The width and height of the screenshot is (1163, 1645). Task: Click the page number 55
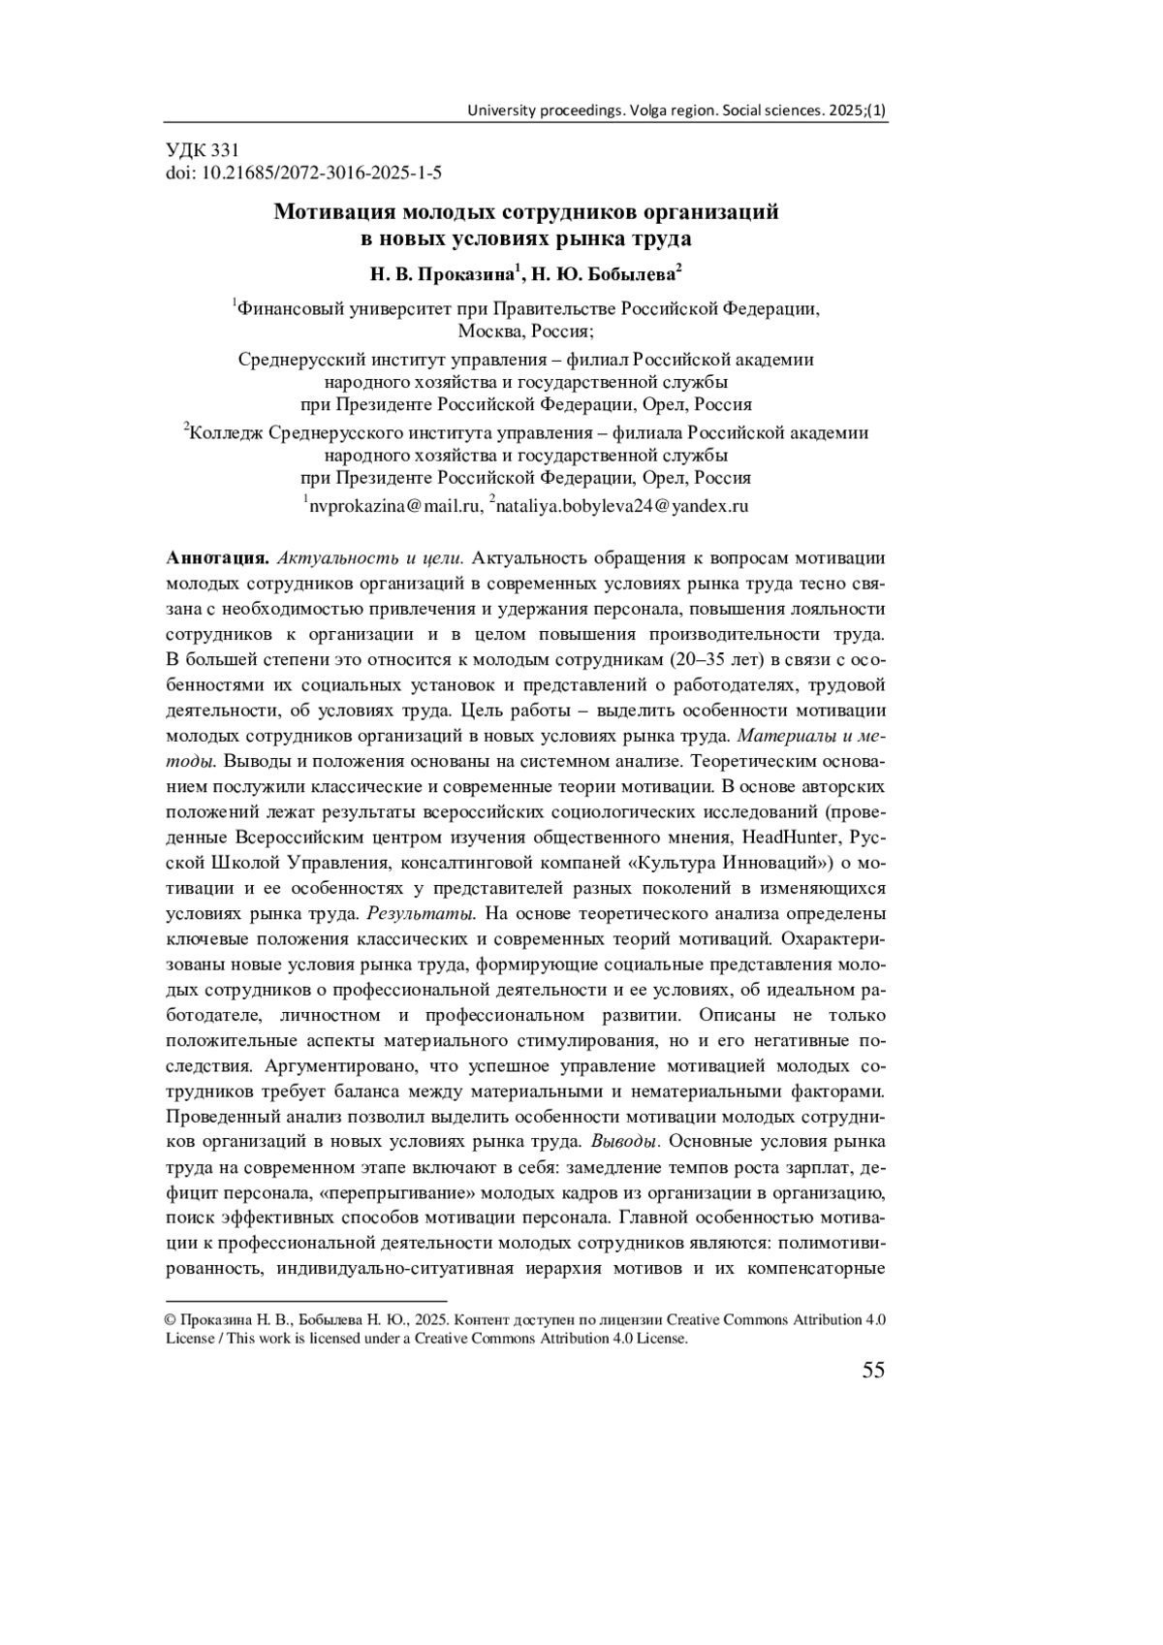click(x=872, y=1370)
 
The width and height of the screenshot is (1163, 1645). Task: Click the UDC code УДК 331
click(x=203, y=150)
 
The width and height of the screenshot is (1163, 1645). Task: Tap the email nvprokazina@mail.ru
click(x=394, y=505)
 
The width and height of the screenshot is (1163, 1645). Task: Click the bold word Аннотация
click(x=217, y=558)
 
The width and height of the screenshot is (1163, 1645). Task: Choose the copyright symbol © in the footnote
click(x=171, y=1320)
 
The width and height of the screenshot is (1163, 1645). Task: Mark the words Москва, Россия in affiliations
click(x=526, y=331)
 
